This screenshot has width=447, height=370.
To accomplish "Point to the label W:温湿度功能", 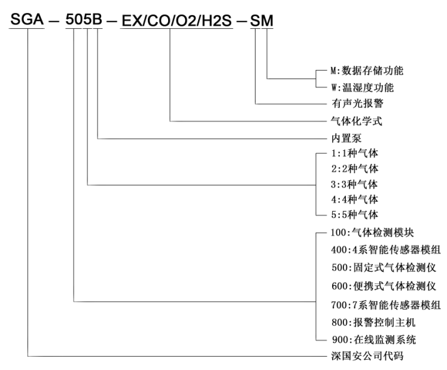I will coord(360,87).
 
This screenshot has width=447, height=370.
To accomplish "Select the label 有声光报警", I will coord(351,103).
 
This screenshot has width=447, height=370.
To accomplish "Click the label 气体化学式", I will coord(351,121).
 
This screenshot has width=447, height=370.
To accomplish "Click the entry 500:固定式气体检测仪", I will coord(376,268).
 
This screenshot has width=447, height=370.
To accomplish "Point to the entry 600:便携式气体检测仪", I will coord(376,286).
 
